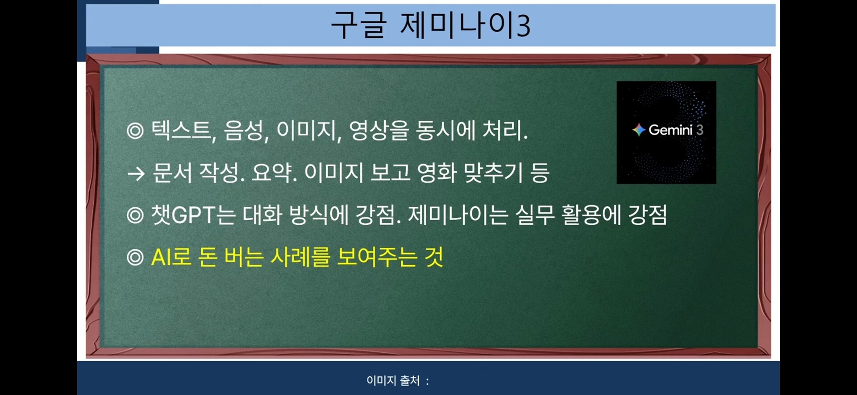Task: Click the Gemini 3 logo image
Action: [x=666, y=132]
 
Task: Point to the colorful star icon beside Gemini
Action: [x=639, y=130]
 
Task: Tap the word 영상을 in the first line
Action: [x=379, y=130]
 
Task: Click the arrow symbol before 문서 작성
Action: [x=136, y=173]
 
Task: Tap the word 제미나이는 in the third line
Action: [x=458, y=215]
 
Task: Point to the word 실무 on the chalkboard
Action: [x=535, y=215]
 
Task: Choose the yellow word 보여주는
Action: [x=377, y=257]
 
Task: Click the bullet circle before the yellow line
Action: [x=135, y=258]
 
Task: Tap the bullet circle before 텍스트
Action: [x=135, y=131]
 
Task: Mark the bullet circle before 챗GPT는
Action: [x=135, y=215]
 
